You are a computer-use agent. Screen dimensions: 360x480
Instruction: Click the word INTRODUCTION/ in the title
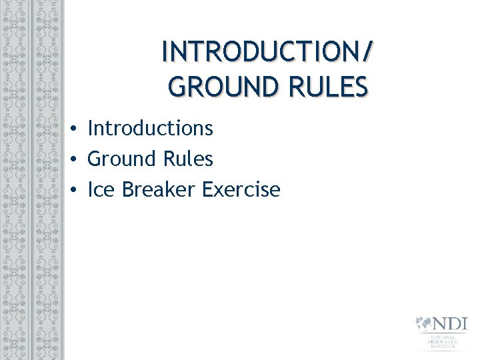pyautogui.click(x=264, y=52)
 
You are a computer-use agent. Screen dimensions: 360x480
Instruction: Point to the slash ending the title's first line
pyautogui.click(x=368, y=52)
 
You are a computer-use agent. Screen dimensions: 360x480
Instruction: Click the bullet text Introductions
pyautogui.click(x=150, y=128)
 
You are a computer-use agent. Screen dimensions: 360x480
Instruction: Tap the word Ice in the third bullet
pyautogui.click(x=101, y=189)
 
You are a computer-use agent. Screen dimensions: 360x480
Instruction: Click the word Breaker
pyautogui.click(x=159, y=189)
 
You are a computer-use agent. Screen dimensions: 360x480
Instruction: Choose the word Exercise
pyautogui.click(x=241, y=189)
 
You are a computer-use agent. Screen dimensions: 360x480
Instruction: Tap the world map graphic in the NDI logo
pyautogui.click(x=423, y=325)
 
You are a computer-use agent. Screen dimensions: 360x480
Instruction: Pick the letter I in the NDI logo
pyautogui.click(x=465, y=325)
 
